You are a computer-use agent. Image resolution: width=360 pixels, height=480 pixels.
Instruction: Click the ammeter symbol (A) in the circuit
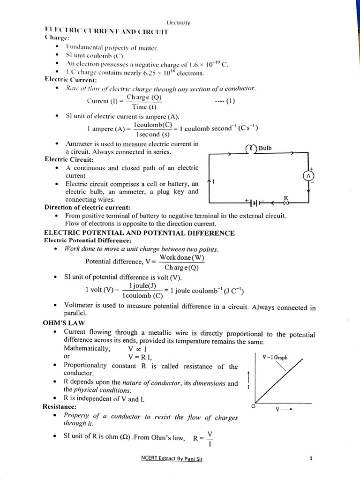[x=308, y=175]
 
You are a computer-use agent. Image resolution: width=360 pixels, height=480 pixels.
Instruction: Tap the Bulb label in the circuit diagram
[x=265, y=148]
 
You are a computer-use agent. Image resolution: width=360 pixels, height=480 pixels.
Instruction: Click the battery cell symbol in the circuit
[x=254, y=202]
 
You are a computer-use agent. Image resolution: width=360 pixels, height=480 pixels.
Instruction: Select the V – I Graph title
[x=275, y=357]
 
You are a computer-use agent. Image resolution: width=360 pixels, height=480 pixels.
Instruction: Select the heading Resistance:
[x=60, y=407]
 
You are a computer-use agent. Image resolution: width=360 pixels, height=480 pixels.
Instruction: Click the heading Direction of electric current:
[x=87, y=207]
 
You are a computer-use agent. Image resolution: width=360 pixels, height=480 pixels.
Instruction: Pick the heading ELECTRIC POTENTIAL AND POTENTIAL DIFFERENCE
[x=139, y=232]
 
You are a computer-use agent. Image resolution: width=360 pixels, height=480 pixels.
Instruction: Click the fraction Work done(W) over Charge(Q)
[x=182, y=262]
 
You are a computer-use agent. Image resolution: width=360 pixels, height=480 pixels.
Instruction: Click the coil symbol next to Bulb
[x=251, y=149]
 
